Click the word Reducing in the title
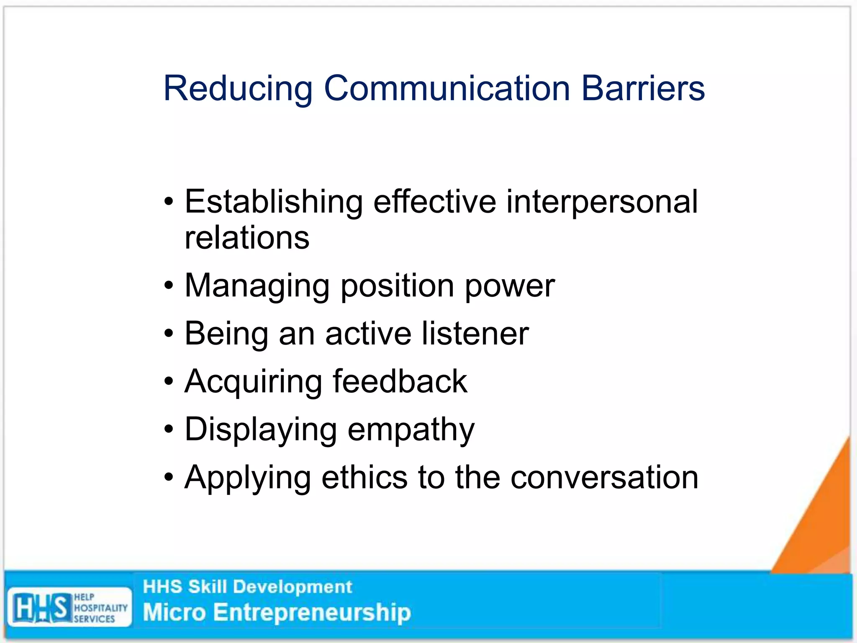pyautogui.click(x=238, y=89)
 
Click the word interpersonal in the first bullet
pyautogui.click(x=602, y=202)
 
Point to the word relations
pyautogui.click(x=247, y=237)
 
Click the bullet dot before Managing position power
pyautogui.click(x=169, y=286)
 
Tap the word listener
pyautogui.click(x=475, y=334)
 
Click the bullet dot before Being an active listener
pyautogui.click(x=169, y=334)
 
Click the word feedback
pyautogui.click(x=400, y=381)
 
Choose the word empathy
pyautogui.click(x=411, y=430)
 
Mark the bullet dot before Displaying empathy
pyautogui.click(x=169, y=430)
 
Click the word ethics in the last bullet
pyautogui.click(x=364, y=477)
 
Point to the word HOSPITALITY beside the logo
pyautogui.click(x=100, y=608)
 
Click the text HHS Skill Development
pyautogui.click(x=247, y=587)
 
